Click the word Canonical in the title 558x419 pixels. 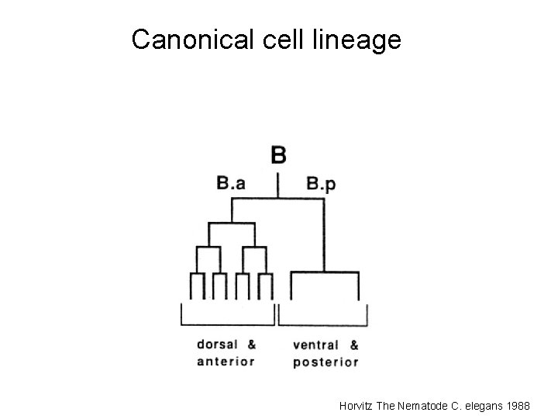point(189,39)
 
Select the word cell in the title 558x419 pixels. point(276,39)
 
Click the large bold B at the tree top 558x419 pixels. point(278,155)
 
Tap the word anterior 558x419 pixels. point(226,361)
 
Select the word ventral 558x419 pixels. point(315,345)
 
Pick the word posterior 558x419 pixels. point(325,362)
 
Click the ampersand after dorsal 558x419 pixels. point(252,345)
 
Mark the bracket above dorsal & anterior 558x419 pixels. point(228,324)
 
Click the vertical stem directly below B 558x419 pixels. point(278,186)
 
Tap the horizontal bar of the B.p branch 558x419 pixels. point(324,272)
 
